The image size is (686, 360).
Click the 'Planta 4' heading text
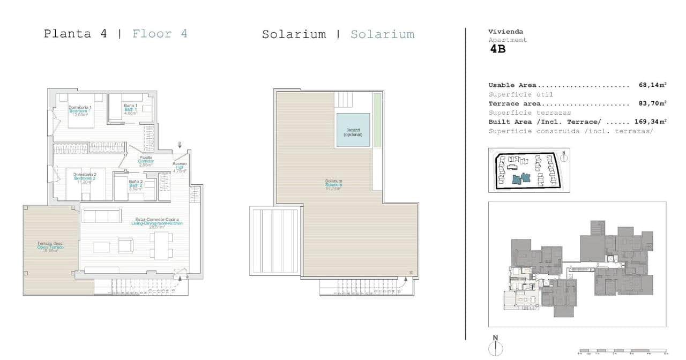[75, 34]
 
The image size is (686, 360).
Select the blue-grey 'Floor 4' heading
[160, 34]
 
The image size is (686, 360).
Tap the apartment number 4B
[497, 49]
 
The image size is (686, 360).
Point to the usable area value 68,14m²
[652, 85]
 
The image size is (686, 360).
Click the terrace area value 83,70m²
[652, 103]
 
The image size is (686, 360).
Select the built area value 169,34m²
[650, 122]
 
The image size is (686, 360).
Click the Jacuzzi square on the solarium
[353, 130]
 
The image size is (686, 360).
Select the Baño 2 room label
[136, 185]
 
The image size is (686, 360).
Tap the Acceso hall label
[180, 167]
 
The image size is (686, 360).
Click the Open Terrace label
[50, 247]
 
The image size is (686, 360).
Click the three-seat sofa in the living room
[100, 216]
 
